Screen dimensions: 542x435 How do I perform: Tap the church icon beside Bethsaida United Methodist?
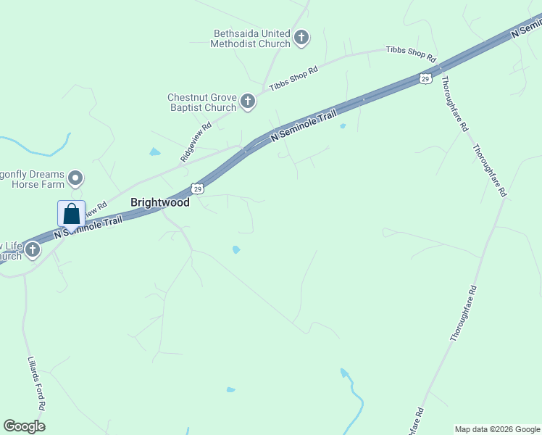click(301, 38)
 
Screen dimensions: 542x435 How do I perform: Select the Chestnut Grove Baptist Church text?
click(201, 102)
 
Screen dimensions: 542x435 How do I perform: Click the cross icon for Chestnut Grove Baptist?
click(248, 101)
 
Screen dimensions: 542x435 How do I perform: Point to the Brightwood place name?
click(159, 202)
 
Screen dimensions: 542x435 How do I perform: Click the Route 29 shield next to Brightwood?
click(198, 188)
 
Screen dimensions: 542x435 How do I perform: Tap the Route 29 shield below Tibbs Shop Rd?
click(425, 78)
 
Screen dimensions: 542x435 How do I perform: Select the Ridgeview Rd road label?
click(196, 141)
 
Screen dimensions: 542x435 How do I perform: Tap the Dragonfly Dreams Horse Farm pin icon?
click(75, 178)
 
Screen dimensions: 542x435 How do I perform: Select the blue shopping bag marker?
click(71, 215)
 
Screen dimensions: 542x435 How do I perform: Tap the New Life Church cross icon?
click(32, 251)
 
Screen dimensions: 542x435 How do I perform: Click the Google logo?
click(24, 426)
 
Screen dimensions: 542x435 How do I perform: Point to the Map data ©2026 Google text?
click(497, 429)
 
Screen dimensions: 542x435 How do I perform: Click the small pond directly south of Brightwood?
click(236, 250)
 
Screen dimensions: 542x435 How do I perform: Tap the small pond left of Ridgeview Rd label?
click(154, 152)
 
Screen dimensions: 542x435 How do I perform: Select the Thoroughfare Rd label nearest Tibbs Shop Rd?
click(454, 103)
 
